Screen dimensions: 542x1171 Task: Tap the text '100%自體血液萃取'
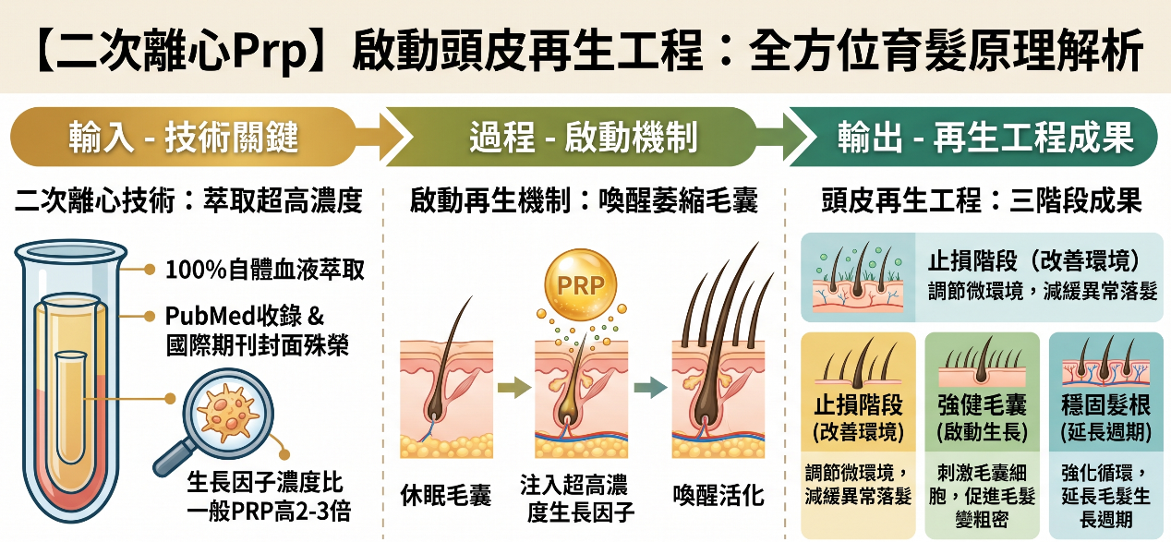[265, 271]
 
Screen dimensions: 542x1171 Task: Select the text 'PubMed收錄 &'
[245, 316]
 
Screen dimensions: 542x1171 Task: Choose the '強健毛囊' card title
[981, 405]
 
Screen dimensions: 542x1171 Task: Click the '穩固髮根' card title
[1104, 405]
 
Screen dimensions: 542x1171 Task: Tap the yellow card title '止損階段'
[858, 405]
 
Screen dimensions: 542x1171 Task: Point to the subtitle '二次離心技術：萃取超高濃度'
[188, 200]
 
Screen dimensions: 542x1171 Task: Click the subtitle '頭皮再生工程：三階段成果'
[981, 200]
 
